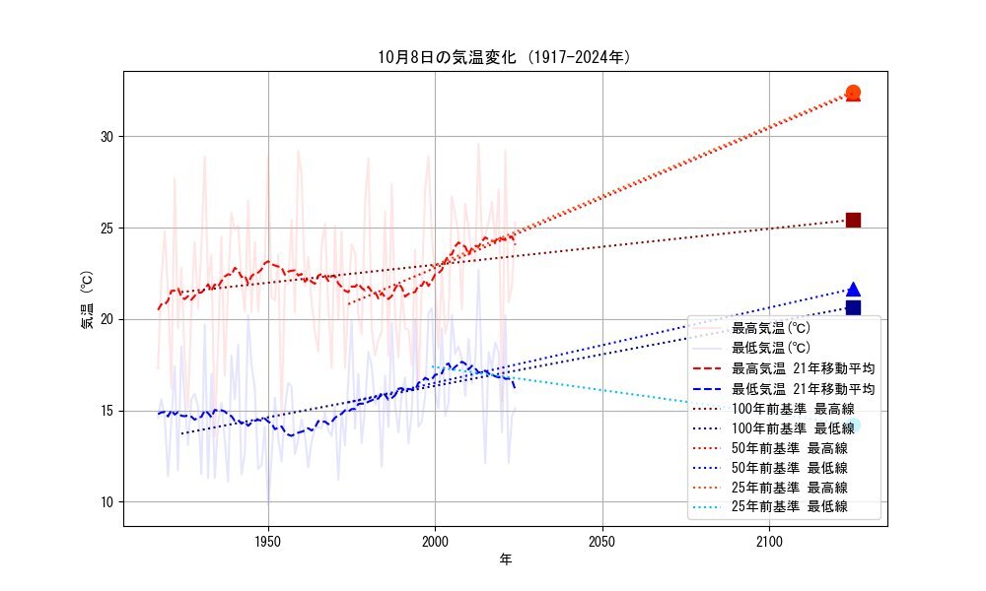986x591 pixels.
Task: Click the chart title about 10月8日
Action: coord(505,57)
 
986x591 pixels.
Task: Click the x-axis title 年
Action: coord(505,559)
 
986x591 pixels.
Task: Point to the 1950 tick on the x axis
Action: coord(268,540)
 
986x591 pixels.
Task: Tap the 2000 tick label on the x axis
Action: coord(435,540)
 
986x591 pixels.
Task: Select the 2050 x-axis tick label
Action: coord(601,540)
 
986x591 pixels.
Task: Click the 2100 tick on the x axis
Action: coord(769,540)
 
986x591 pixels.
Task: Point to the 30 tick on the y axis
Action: coord(108,136)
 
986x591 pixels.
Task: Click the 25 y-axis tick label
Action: coord(108,228)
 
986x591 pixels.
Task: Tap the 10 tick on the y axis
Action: coord(108,502)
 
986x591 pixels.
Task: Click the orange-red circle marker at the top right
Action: coord(853,93)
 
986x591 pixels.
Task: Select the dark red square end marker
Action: coord(853,220)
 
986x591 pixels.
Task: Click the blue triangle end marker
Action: coord(853,290)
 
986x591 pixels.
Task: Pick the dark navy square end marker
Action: coord(853,308)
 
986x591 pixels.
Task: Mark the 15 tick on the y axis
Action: coord(108,411)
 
